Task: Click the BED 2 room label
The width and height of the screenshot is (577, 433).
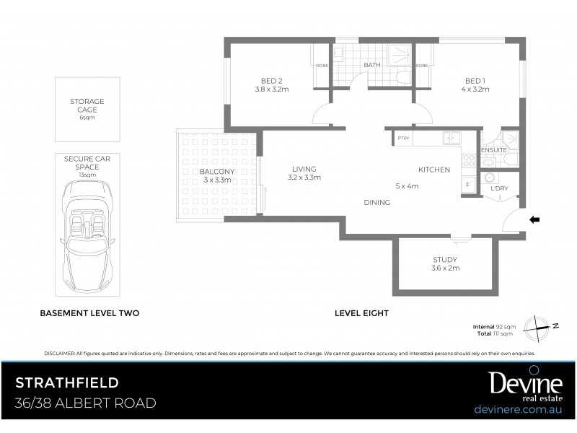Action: point(271,80)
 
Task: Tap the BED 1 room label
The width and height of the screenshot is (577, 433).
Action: point(473,80)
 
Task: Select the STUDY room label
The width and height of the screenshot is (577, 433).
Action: point(445,260)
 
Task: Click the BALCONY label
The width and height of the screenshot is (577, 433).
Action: point(198,171)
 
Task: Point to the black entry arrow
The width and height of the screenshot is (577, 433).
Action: point(534,219)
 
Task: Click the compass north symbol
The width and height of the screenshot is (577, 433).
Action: point(542,326)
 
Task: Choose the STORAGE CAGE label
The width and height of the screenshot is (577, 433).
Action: point(87,105)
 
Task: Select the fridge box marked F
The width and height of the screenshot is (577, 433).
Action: point(468,185)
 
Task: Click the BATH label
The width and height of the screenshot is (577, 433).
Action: point(372,65)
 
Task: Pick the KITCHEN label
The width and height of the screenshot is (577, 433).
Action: point(434,170)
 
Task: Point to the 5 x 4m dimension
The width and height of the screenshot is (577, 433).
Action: point(407,185)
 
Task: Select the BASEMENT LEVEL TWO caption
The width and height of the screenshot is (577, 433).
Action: point(89,314)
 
